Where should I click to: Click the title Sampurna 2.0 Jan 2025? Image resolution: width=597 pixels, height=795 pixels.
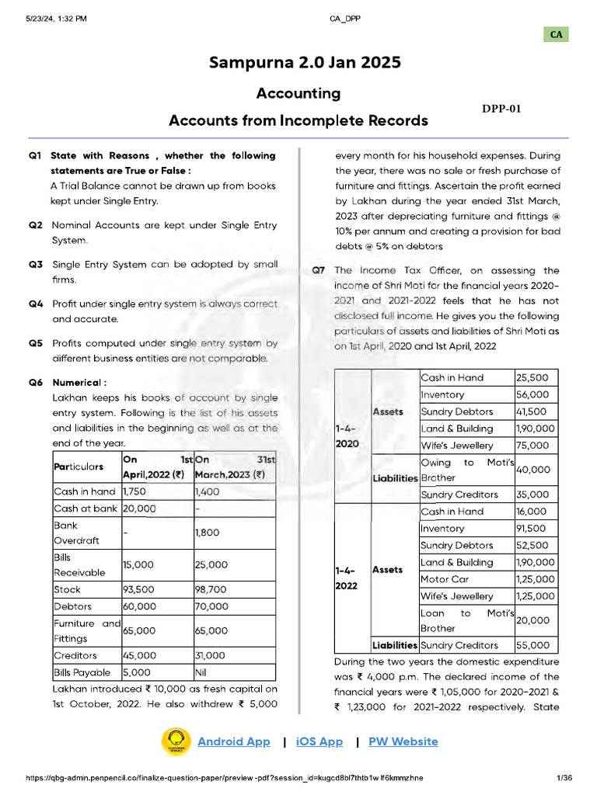coord(298,63)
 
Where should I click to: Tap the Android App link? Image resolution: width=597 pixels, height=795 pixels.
coord(234,741)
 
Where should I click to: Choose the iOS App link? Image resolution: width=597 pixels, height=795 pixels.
coord(319,741)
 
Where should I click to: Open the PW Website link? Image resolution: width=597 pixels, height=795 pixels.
coord(403,741)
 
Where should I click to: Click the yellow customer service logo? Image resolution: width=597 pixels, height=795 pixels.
coord(176,741)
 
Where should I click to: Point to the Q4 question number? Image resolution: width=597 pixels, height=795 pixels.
coord(36,304)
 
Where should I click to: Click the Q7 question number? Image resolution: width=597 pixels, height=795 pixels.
coord(318,271)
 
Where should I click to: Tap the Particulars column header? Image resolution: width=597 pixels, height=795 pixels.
coord(78,467)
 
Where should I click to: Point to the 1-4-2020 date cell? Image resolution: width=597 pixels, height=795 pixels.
coord(347,436)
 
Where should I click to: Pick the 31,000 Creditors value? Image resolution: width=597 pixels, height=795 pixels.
coord(210,655)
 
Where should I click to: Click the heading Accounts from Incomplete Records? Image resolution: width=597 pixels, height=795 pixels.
coord(298,120)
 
